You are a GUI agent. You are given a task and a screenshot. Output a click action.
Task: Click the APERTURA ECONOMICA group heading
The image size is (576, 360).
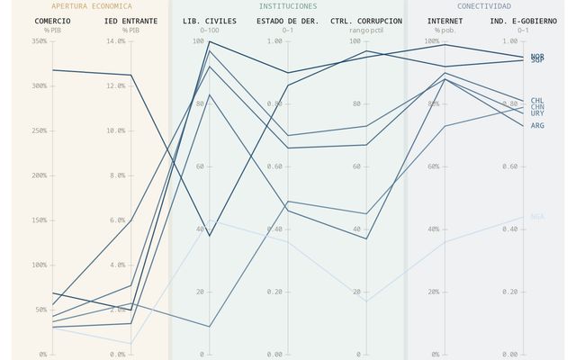pyautogui.click(x=91, y=6)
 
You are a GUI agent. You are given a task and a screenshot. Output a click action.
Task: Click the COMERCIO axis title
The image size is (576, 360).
pyautogui.click(x=52, y=20)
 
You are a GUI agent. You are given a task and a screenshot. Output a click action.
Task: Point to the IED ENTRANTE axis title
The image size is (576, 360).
pyautogui.click(x=130, y=20)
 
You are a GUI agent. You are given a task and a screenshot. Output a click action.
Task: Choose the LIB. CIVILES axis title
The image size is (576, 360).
pyautogui.click(x=209, y=20)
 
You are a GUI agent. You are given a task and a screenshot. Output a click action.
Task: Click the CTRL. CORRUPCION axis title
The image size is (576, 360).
pyautogui.click(x=366, y=20)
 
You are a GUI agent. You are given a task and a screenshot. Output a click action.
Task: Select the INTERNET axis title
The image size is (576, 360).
pyautogui.click(x=445, y=20)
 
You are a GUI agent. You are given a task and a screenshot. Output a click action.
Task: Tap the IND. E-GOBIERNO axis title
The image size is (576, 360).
pyautogui.click(x=523, y=20)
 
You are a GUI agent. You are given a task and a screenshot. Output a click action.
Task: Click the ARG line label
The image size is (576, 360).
pyautogui.click(x=537, y=126)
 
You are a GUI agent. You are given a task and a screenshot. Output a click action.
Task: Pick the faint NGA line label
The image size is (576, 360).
pyautogui.click(x=537, y=216)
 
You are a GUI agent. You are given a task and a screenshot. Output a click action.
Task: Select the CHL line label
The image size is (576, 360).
pyautogui.click(x=537, y=101)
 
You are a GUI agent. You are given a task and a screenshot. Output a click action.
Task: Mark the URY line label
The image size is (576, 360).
pyautogui.click(x=537, y=113)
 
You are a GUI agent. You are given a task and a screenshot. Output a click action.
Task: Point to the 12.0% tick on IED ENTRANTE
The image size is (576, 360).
pyautogui.click(x=116, y=85)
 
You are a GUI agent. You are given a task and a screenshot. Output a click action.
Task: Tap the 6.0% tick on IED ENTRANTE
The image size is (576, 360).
pyautogui.click(x=116, y=220)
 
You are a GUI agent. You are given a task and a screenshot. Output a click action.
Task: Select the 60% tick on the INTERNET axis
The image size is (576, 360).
pyautogui.click(x=429, y=166)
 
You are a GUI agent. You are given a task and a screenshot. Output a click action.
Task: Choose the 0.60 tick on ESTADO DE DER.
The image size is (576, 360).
pyautogui.click(x=274, y=166)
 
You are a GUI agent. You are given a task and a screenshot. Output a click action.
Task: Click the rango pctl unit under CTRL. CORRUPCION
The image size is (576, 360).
pyautogui.click(x=366, y=31)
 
